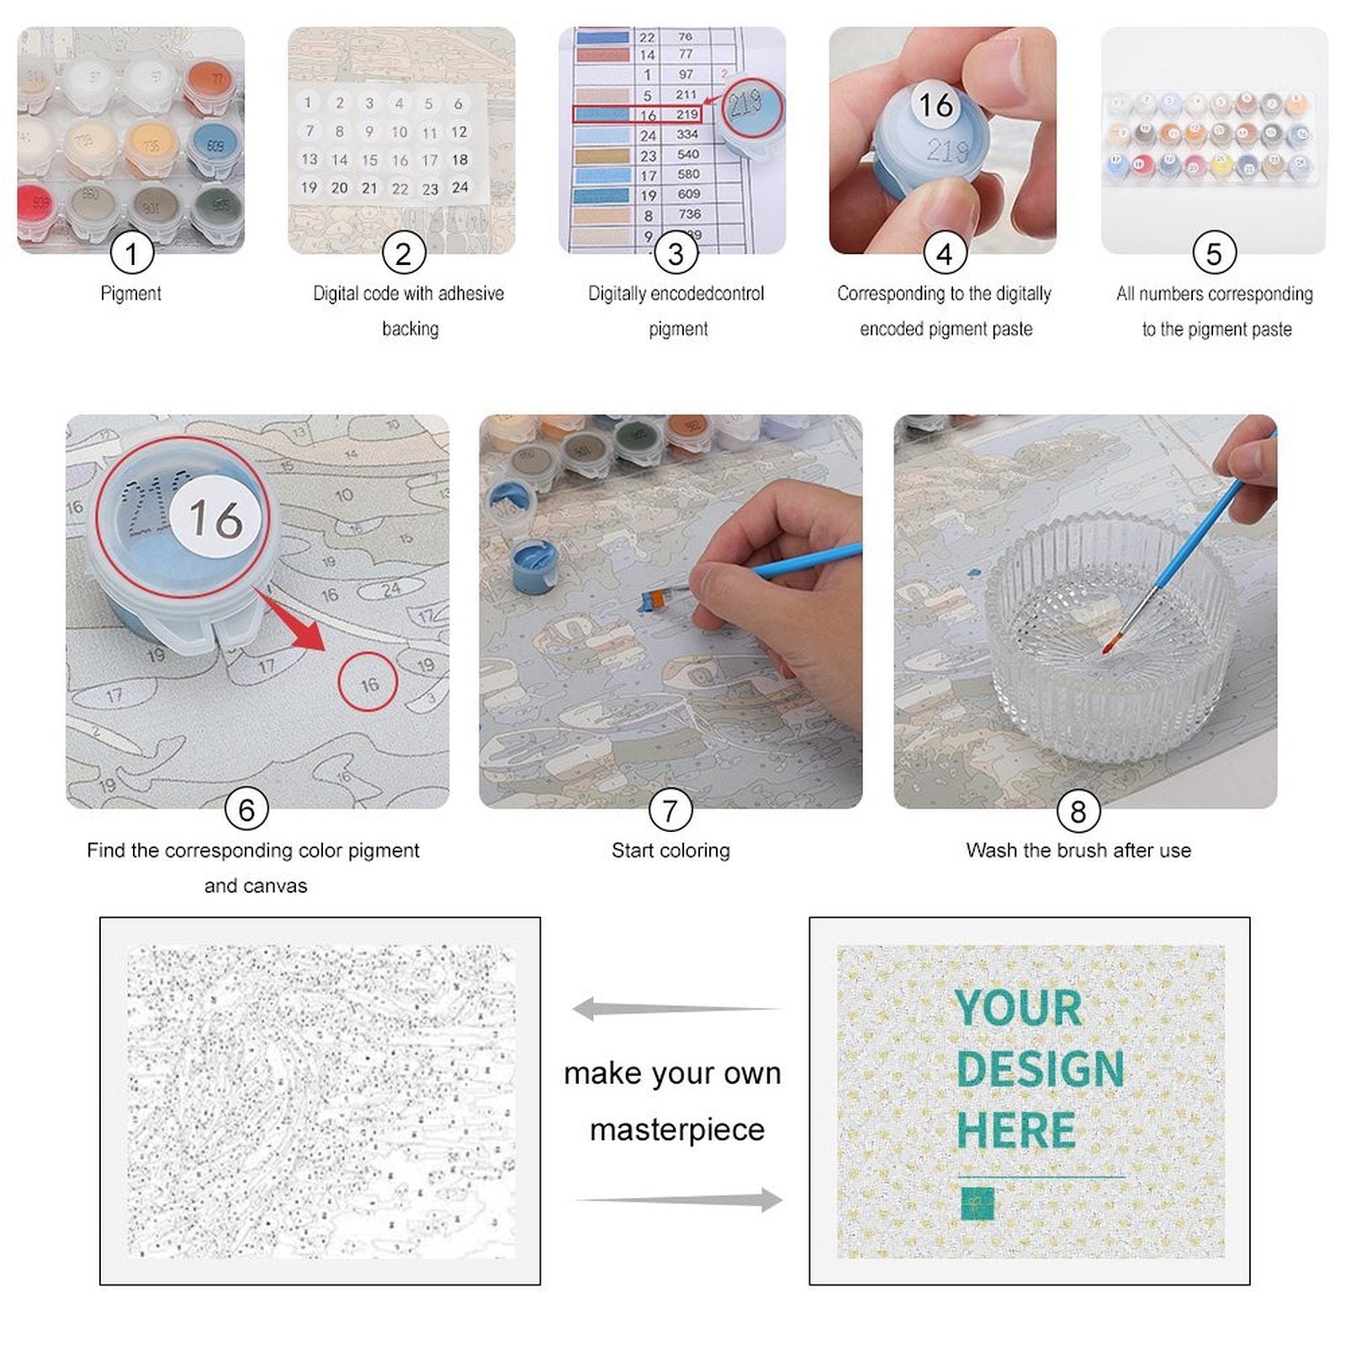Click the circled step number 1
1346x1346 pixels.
(x=131, y=253)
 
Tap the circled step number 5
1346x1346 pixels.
(x=1214, y=253)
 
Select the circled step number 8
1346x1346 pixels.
(x=1078, y=811)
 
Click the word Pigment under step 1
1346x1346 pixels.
(x=130, y=294)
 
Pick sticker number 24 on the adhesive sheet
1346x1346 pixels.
(x=459, y=188)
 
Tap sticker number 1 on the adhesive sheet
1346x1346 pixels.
(x=309, y=103)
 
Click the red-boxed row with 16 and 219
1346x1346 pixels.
(x=637, y=114)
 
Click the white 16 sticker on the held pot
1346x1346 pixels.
(x=935, y=105)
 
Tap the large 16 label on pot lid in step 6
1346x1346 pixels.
(x=215, y=517)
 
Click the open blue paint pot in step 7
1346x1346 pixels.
(x=533, y=566)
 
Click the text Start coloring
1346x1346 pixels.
(x=670, y=851)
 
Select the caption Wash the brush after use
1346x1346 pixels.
(x=1078, y=851)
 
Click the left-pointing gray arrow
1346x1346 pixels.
(x=673, y=1008)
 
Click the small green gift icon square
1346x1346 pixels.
(x=977, y=1203)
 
